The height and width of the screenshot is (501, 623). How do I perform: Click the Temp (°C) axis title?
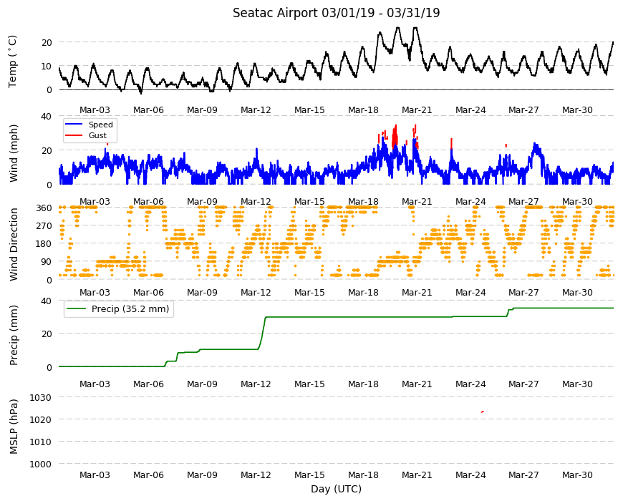click(x=13, y=62)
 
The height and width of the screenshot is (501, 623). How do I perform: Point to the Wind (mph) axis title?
click(x=14, y=153)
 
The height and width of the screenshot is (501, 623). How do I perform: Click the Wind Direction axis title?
click(x=14, y=245)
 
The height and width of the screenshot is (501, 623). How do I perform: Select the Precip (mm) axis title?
click(x=14, y=335)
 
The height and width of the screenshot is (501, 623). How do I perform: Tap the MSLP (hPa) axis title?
click(x=14, y=427)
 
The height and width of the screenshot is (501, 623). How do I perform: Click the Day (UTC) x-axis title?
click(x=336, y=489)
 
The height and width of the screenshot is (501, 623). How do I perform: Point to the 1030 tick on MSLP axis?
click(x=41, y=397)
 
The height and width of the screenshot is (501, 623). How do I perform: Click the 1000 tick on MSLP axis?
click(x=41, y=464)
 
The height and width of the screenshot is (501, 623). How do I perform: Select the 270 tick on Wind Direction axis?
click(x=44, y=226)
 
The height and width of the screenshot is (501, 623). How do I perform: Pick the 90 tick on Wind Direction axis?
click(x=47, y=262)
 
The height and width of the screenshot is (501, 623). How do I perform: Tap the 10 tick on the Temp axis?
click(x=47, y=67)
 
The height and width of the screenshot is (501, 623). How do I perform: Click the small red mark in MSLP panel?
click(x=483, y=412)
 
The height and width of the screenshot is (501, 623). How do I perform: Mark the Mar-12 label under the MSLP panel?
click(x=256, y=475)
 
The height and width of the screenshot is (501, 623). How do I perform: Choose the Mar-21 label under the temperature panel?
click(x=417, y=110)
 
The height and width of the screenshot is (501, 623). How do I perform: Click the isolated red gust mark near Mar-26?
click(x=506, y=146)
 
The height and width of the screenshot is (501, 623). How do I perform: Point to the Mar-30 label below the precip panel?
click(x=577, y=384)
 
